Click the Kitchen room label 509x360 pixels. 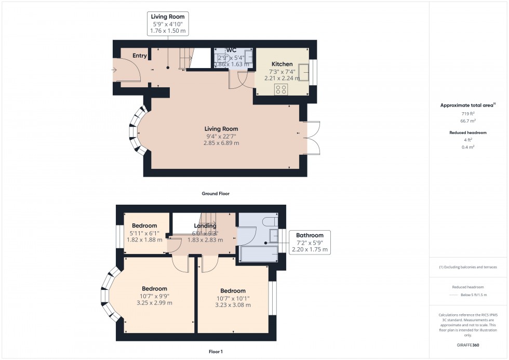pos(282,64)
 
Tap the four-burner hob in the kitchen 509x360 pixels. pos(281,89)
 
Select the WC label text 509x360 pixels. pos(231,50)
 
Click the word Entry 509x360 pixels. pos(140,56)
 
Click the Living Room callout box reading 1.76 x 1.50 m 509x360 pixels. pos(167,24)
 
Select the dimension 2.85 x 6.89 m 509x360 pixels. pos(221,143)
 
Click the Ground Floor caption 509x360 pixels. pos(215,194)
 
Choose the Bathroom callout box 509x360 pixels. pos(310,242)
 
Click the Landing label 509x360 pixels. pos(205,226)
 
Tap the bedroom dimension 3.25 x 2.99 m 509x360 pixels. pos(154,303)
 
